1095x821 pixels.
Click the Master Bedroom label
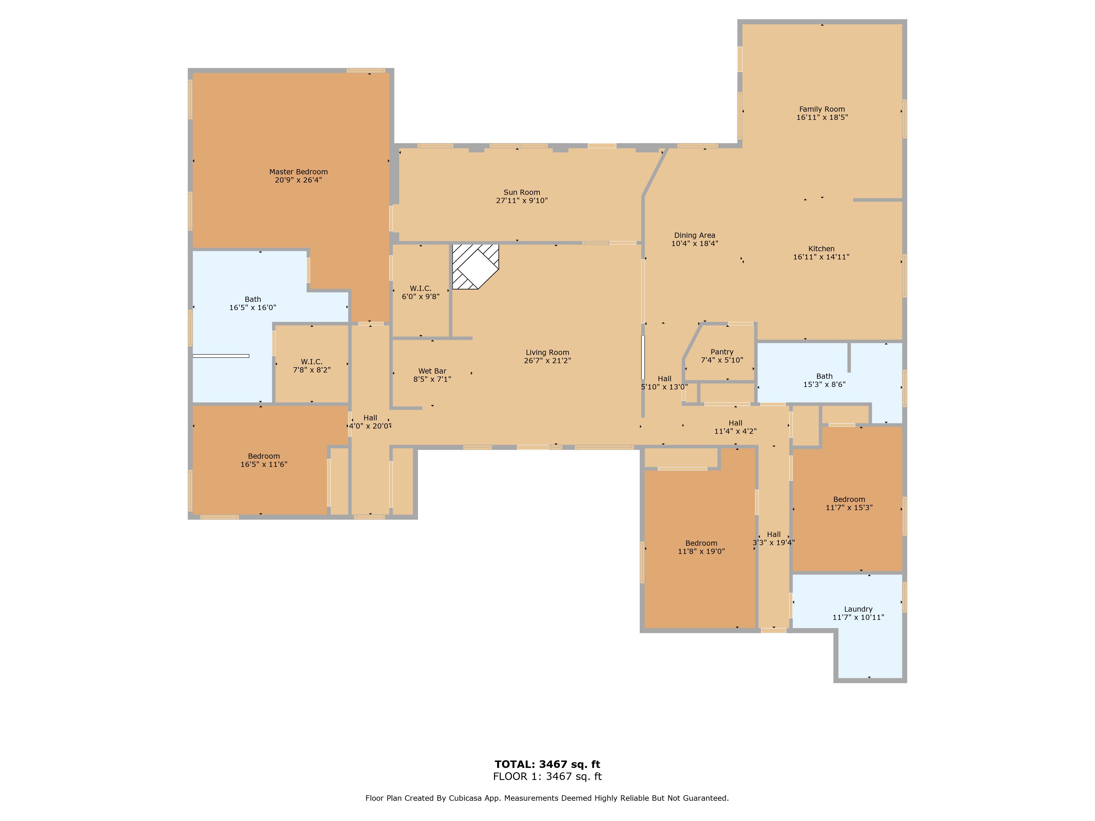[x=298, y=172]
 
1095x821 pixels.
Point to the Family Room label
[x=822, y=109]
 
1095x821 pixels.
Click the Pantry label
[x=722, y=352]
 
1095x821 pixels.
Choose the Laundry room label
[x=858, y=609]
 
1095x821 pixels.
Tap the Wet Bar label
[x=432, y=371]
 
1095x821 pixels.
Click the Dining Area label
[x=695, y=236]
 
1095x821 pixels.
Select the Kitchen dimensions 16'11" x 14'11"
[x=821, y=257]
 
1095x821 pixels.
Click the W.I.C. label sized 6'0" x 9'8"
[x=420, y=288]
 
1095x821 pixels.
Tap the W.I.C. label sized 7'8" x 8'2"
[x=311, y=362]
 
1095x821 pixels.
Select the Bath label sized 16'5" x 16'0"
[x=252, y=299]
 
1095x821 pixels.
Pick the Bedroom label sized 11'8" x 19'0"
[x=701, y=544]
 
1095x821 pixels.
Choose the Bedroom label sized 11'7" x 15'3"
[x=849, y=500]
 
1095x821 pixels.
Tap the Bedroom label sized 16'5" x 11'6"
[x=264, y=456]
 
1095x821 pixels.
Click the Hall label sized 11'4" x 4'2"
[x=735, y=423]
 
